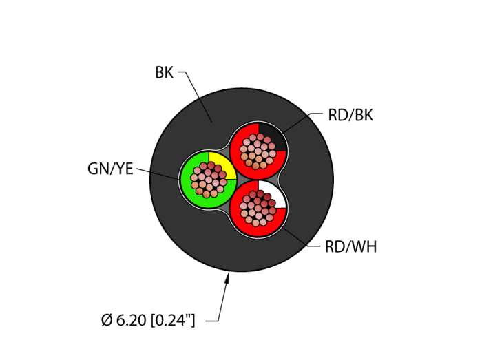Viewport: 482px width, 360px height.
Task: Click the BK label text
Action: [x=164, y=73]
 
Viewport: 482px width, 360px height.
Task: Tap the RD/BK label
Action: [x=350, y=116]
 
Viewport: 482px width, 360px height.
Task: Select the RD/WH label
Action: [x=350, y=247]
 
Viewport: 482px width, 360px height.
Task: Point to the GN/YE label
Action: [x=110, y=169]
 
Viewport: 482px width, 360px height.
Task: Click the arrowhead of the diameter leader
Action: [x=228, y=277]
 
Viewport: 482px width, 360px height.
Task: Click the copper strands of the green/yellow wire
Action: [x=209, y=180]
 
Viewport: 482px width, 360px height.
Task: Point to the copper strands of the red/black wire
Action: [x=258, y=151]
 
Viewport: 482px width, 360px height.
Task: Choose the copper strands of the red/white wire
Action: [x=258, y=208]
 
